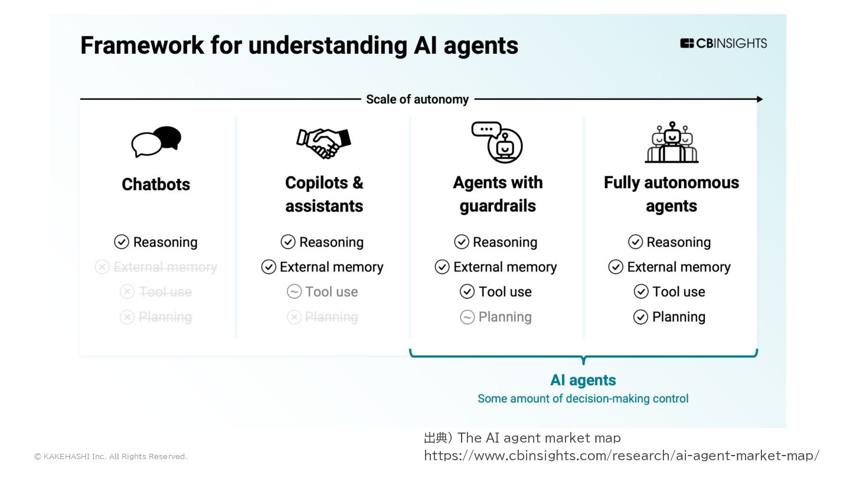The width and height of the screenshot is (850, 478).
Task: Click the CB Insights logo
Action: click(x=723, y=43)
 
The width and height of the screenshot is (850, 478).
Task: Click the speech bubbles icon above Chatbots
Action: click(x=156, y=142)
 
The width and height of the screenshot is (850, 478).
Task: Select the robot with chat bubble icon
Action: click(x=497, y=142)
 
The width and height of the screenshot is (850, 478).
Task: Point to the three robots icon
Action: click(x=671, y=142)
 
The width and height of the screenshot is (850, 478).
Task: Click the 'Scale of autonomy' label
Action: click(x=417, y=99)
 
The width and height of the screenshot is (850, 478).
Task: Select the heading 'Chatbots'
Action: click(x=156, y=184)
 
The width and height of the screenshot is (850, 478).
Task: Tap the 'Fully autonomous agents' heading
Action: click(x=671, y=194)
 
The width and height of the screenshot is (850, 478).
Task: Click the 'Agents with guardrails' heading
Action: click(x=498, y=194)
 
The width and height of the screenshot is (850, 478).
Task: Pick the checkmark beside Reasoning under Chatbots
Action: click(x=122, y=242)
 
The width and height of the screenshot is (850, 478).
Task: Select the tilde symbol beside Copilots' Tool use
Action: click(x=294, y=292)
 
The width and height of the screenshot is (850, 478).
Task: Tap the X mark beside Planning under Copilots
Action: click(x=294, y=317)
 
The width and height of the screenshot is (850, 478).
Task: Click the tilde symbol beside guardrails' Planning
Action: click(x=467, y=317)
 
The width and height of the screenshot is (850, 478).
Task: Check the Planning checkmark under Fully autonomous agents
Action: click(x=640, y=317)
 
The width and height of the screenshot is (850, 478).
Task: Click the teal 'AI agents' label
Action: click(x=583, y=380)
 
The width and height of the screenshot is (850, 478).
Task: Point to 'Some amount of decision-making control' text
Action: click(x=583, y=399)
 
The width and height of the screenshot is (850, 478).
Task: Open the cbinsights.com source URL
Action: click(x=622, y=456)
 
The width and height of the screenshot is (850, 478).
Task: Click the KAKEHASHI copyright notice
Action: click(x=110, y=456)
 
